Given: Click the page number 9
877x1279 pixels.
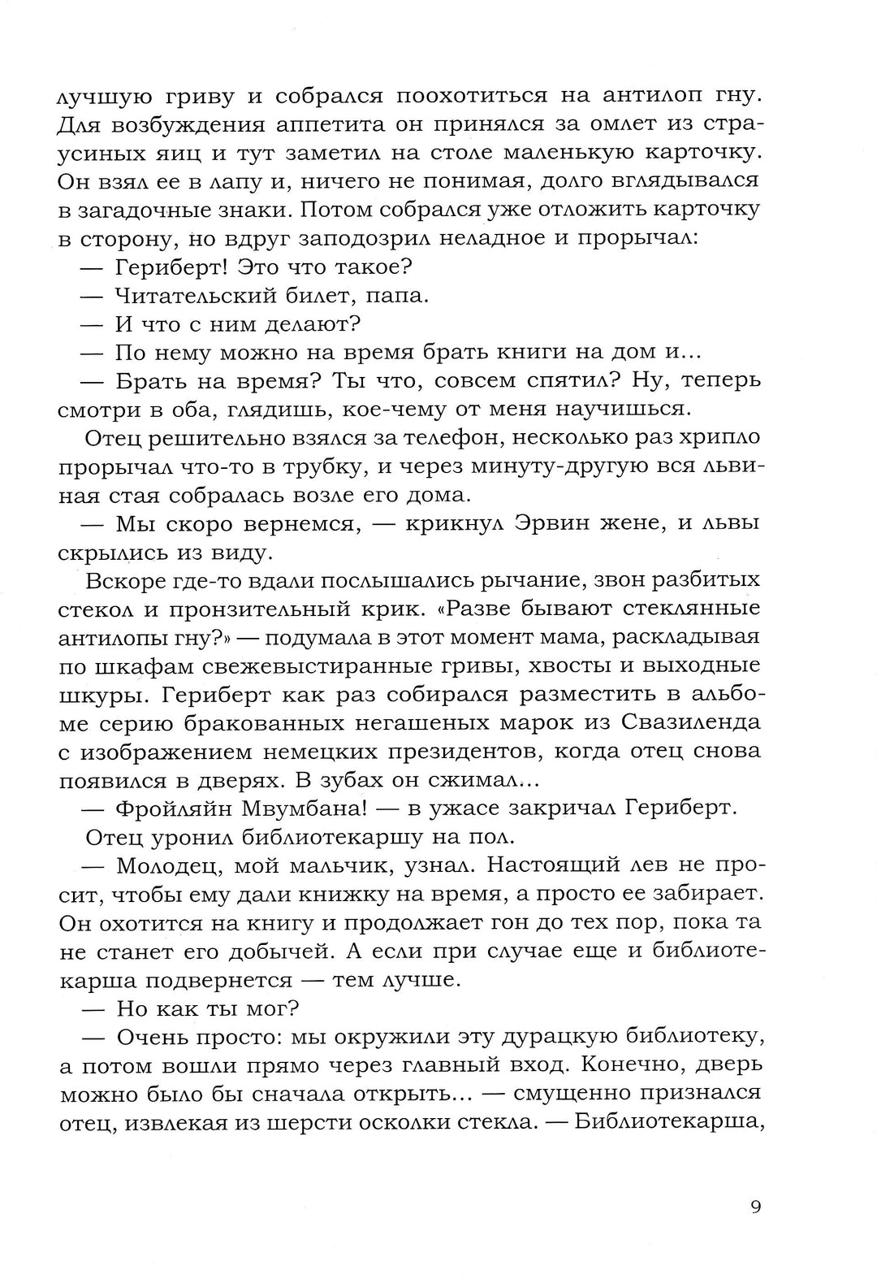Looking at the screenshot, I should tap(755, 1207).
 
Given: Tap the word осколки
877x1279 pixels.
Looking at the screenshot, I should tap(403, 1121).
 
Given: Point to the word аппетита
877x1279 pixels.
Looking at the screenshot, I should tap(279, 125).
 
